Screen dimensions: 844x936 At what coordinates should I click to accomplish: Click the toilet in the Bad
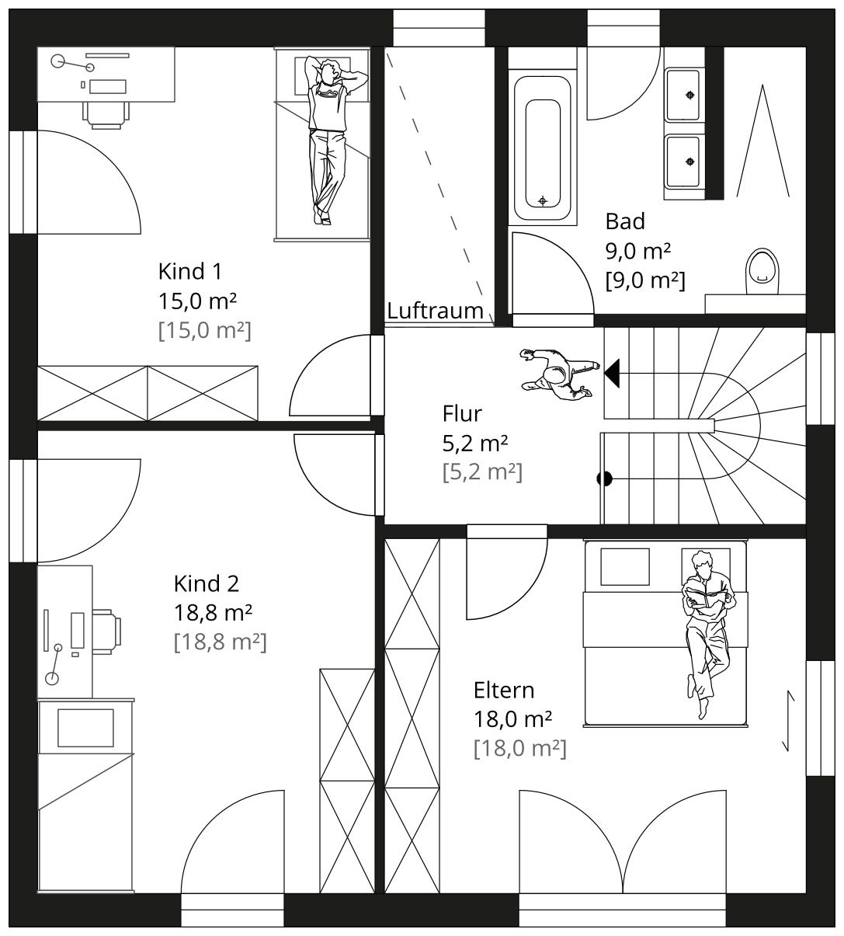(762, 271)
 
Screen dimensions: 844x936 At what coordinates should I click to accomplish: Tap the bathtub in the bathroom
(542, 148)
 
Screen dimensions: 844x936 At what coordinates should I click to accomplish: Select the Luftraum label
(435, 311)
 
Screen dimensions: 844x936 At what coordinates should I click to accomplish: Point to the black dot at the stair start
(605, 478)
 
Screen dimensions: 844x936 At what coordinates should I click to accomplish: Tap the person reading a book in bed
(707, 634)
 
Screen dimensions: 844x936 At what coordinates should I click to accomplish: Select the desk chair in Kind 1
(106, 115)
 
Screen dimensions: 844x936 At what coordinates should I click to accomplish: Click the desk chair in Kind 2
(107, 632)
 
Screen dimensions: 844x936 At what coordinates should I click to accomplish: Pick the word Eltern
(504, 691)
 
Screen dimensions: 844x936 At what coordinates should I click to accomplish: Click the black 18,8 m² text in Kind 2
(213, 613)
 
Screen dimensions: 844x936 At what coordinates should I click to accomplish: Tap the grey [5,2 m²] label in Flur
(482, 472)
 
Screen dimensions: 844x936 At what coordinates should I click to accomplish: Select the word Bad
(625, 221)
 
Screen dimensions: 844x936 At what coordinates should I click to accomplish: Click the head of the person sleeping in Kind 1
(329, 71)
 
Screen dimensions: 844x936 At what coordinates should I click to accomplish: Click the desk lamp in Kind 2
(54, 664)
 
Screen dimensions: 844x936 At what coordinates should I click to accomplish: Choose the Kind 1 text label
(190, 272)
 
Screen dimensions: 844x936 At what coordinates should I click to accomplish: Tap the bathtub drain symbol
(543, 201)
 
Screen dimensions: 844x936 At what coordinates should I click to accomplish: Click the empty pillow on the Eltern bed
(625, 567)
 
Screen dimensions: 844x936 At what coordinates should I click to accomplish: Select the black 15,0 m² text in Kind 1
(197, 301)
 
